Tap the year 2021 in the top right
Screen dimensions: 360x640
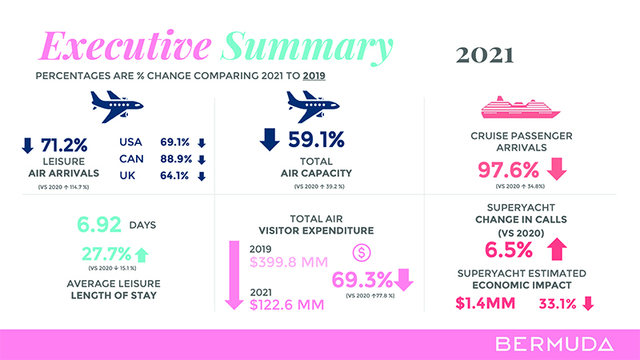pos(484,55)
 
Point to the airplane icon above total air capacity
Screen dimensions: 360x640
pos(308,102)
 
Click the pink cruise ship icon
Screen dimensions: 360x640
pos(513,107)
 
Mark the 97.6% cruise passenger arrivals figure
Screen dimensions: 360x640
pos(512,170)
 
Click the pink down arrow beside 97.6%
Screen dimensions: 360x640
pos(556,170)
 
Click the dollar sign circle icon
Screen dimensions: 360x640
pos(362,253)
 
